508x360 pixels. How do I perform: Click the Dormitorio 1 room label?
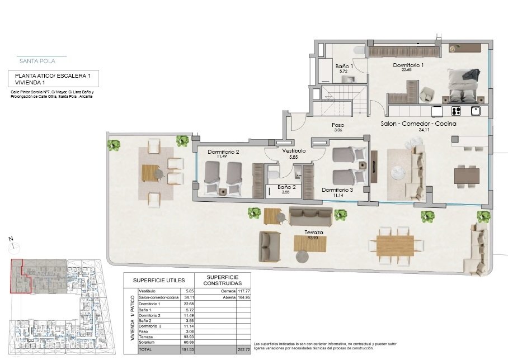(408, 65)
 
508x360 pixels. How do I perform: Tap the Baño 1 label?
(344, 67)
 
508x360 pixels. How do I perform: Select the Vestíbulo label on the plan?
(293, 151)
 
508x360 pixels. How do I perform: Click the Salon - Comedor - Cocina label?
(418, 124)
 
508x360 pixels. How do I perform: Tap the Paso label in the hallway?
(338, 125)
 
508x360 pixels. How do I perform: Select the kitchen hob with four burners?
(456, 110)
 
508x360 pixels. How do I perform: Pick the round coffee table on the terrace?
(303, 257)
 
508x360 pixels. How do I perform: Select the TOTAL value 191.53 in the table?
(186, 349)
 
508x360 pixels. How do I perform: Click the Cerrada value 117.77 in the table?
(242, 291)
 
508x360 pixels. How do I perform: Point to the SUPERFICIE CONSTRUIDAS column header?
(222, 280)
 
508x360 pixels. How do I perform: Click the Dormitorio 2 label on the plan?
(223, 152)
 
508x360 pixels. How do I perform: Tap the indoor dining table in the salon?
(466, 176)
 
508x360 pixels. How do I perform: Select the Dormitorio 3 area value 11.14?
(337, 196)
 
